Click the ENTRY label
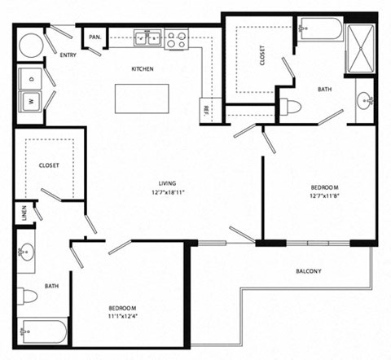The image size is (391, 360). click(68, 55)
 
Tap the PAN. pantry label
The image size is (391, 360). click(94, 37)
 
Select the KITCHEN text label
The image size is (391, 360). click(143, 69)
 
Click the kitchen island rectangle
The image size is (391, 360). click(141, 98)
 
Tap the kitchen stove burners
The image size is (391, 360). click(177, 39)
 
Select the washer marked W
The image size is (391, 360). click(32, 101)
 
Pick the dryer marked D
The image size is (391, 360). click(32, 79)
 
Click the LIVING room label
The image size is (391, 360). click(169, 183)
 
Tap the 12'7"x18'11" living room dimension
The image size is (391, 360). click(169, 194)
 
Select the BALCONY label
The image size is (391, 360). click(309, 271)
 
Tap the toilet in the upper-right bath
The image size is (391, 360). click(291, 106)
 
